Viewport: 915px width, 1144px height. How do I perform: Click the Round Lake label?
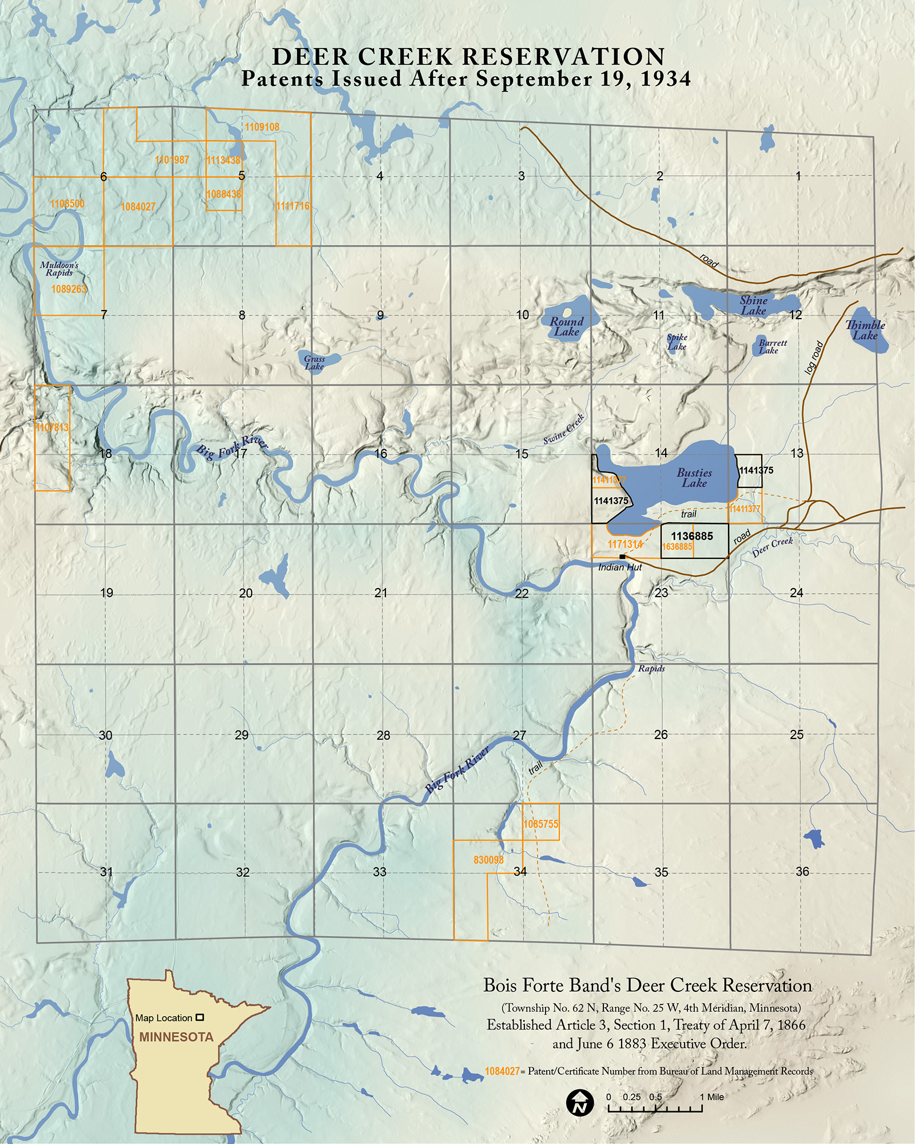(x=566, y=327)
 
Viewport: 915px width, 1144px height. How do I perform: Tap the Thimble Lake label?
(x=865, y=330)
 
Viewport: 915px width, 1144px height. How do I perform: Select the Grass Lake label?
(x=315, y=363)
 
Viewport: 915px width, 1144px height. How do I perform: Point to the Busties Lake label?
(x=694, y=478)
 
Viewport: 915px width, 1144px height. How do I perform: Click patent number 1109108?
(x=262, y=127)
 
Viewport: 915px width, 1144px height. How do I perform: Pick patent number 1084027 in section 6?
(x=138, y=206)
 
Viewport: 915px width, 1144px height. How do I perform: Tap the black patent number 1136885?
(x=692, y=536)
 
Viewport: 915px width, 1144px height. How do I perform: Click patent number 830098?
(x=488, y=860)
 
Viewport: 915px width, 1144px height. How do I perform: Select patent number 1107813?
(x=52, y=427)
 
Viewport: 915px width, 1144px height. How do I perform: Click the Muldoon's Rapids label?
(x=59, y=269)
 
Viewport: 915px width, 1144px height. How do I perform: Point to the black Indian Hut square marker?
(x=622, y=557)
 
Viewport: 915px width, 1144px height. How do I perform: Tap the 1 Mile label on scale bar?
(x=711, y=1097)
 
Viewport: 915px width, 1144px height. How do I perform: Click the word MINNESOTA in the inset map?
(x=176, y=1037)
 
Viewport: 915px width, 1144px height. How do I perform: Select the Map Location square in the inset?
(x=200, y=1018)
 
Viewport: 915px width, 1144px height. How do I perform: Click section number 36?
(x=802, y=871)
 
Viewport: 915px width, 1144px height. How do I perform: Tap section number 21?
(x=381, y=593)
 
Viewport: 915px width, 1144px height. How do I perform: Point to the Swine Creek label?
(x=564, y=429)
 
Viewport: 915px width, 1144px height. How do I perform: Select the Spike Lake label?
(x=677, y=342)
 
